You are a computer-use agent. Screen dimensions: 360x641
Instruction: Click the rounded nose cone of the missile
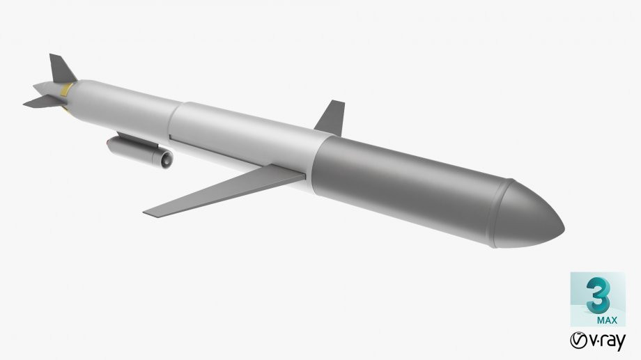(533, 216)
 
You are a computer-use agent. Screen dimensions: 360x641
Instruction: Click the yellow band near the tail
(68, 88)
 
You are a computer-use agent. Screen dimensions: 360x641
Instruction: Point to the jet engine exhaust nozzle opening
(168, 159)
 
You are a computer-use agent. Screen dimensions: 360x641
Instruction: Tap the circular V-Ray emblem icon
(578, 341)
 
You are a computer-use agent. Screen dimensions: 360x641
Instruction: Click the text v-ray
(606, 342)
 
